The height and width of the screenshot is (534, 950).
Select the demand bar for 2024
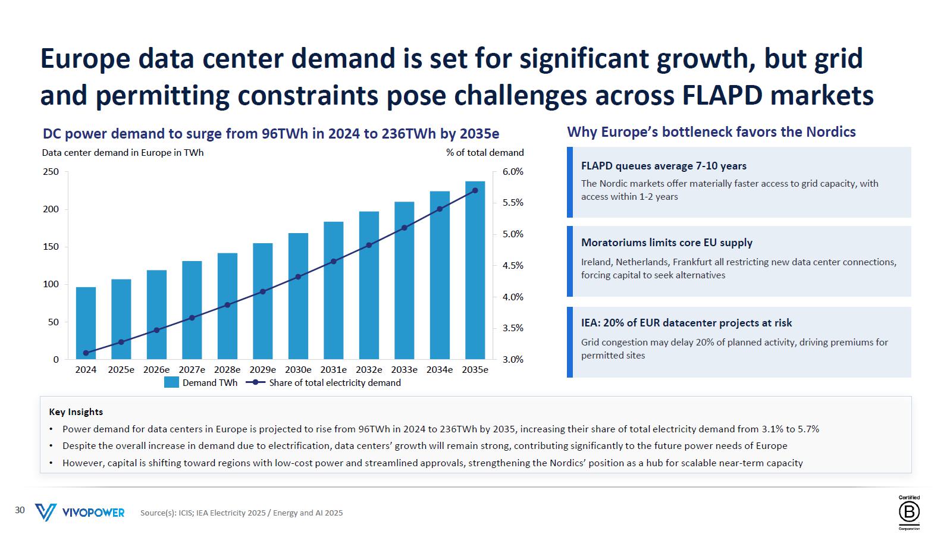[x=86, y=323]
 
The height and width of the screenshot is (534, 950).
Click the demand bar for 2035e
[x=475, y=271]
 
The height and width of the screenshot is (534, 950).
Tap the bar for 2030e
[x=298, y=296]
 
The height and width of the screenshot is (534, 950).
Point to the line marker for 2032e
[x=369, y=246]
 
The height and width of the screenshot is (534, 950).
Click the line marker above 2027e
[x=192, y=318]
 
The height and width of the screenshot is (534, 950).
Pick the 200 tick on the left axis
[x=51, y=209]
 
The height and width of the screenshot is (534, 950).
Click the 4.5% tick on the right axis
[x=513, y=266]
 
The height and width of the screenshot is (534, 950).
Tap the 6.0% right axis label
[x=513, y=172]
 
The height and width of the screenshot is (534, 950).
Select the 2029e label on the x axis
[x=262, y=369]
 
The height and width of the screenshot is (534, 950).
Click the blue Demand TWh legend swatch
[x=171, y=383]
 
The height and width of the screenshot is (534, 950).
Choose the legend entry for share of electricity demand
[x=323, y=383]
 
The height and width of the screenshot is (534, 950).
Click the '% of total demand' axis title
[x=485, y=153]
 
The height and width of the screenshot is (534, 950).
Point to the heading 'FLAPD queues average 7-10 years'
[x=664, y=166]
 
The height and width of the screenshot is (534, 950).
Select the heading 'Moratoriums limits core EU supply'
[x=667, y=243]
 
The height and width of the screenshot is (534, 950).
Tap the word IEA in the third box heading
[x=590, y=323]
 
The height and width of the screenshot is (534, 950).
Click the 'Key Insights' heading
[x=76, y=412]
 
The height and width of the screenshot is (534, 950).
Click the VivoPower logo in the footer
[x=80, y=512]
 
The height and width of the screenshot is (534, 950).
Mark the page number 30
[x=20, y=510]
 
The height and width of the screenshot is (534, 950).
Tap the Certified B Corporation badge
[x=910, y=513]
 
